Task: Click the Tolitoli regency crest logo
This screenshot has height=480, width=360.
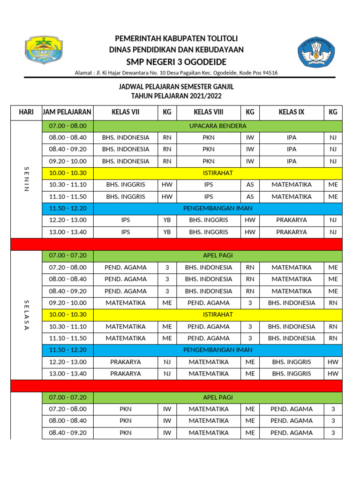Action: coord(45,51)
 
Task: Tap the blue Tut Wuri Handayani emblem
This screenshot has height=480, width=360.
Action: coord(317,52)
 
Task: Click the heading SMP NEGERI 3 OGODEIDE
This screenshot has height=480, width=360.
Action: coord(176,62)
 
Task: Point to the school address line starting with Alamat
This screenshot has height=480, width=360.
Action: coord(176,73)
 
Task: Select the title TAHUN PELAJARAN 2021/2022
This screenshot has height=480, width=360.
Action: coord(176,96)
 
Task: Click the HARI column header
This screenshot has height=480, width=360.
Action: coord(26,112)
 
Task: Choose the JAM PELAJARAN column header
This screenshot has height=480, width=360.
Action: coord(67,112)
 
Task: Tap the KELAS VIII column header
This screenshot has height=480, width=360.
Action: coord(209,112)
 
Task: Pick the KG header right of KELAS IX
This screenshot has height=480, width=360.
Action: coord(333,112)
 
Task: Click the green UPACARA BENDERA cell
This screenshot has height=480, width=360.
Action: coord(217,126)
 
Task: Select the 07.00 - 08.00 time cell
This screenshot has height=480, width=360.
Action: coord(67,126)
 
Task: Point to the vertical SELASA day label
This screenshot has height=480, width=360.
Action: coord(26,315)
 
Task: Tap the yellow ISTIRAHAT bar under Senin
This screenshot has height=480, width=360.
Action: coord(217,173)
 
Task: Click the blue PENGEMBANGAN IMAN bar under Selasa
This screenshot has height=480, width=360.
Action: coord(217,350)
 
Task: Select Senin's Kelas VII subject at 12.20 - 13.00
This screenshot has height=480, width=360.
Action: coord(126,220)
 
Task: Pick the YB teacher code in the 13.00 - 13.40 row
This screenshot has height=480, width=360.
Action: coord(167,232)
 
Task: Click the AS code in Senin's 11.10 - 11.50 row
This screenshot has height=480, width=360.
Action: coord(250,197)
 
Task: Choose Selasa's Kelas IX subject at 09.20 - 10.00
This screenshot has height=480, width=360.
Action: coord(292,303)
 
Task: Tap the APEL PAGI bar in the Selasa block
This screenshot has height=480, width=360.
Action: coord(217,255)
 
